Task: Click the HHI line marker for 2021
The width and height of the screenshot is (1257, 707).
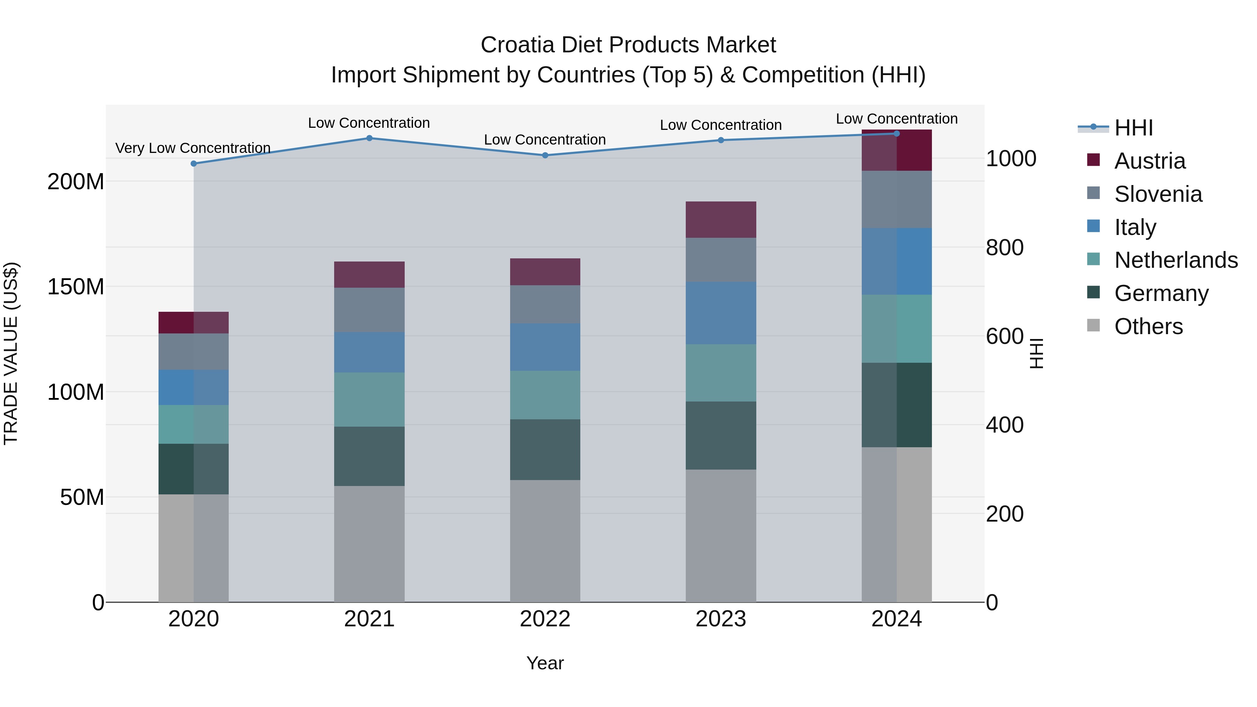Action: (369, 138)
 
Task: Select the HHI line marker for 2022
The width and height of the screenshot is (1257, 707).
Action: (545, 155)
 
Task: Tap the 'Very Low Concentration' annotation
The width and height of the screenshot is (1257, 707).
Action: (193, 148)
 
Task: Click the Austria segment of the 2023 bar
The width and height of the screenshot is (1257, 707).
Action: (721, 220)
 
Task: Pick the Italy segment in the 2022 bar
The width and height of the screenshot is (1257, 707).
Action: (545, 347)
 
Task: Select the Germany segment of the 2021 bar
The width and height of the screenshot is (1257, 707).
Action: (369, 456)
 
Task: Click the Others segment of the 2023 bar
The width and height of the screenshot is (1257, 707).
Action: (721, 536)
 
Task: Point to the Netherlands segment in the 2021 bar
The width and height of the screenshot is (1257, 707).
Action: (369, 400)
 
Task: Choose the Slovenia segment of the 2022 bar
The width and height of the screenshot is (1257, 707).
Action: (545, 304)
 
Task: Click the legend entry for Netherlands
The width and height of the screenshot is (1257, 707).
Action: (1176, 260)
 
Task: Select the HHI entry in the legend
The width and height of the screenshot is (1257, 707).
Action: (1133, 128)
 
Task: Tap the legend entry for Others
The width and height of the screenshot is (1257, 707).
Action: (1148, 326)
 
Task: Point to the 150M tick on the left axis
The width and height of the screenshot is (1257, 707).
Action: (76, 287)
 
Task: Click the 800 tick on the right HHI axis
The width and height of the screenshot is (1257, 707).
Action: (1004, 248)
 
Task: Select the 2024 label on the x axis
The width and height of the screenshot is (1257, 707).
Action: (896, 619)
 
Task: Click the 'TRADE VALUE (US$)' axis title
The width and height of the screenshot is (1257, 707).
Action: (11, 353)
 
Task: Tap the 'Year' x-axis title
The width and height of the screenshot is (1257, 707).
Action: (545, 663)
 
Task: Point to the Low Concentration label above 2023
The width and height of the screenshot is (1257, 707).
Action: (721, 125)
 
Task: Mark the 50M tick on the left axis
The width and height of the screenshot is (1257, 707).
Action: (82, 498)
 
